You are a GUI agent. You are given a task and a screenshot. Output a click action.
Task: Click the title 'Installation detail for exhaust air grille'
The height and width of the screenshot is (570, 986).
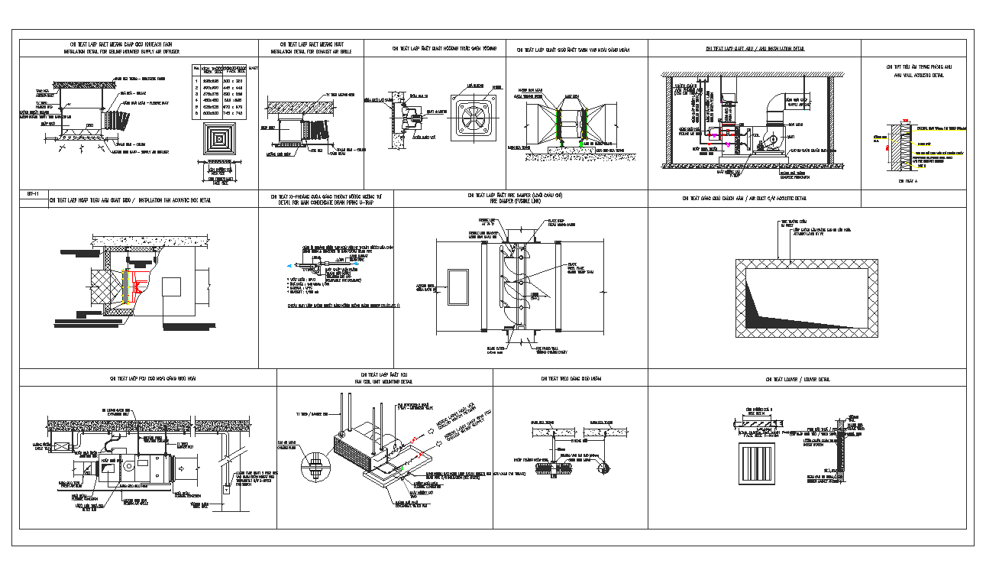tap(311, 51)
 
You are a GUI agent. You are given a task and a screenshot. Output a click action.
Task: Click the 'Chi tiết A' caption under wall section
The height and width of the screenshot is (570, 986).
tap(907, 181)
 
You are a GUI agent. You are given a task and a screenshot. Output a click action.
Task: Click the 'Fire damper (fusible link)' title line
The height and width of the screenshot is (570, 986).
tap(520, 201)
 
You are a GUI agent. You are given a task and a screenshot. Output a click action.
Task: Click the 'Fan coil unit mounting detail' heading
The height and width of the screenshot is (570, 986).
tap(383, 381)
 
